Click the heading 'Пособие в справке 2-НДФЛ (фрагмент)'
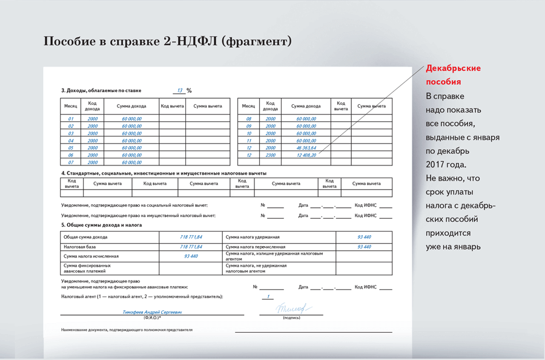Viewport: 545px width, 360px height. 168,41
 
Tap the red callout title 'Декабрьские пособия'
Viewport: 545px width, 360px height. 454,75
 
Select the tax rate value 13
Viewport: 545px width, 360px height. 180,90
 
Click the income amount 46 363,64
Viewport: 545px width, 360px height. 306,148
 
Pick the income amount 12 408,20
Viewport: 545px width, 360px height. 306,155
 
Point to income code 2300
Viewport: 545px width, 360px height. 271,155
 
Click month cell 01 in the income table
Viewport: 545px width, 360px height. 71,119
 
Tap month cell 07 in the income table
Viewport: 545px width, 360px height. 71,162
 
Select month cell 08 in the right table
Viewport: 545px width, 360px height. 248,119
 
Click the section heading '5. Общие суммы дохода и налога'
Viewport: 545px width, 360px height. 102,225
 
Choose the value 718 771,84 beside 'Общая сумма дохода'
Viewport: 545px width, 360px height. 191,237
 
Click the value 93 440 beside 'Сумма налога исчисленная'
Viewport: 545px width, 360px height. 191,256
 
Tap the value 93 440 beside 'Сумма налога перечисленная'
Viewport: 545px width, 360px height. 364,247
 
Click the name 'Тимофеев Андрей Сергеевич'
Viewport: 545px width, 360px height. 152,312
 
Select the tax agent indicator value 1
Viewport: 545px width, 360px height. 268,297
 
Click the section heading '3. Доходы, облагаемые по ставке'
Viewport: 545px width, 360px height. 113,91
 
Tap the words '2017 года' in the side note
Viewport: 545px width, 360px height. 446,165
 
